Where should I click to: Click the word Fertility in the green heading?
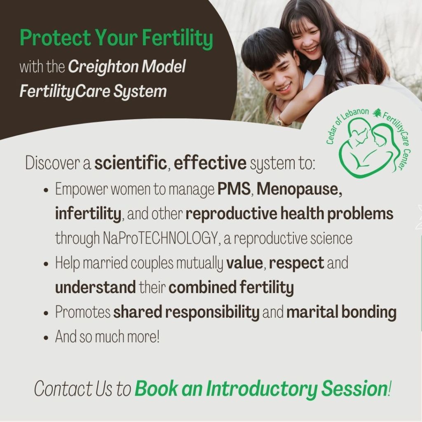[x=177, y=38]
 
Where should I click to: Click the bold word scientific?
[x=131, y=163]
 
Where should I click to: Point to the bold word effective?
[x=210, y=163]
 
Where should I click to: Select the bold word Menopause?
[x=299, y=189]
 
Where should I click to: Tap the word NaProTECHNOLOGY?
[x=160, y=239]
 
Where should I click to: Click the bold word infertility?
[x=88, y=214]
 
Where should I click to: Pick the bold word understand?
[x=96, y=287]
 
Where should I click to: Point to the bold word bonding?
[x=369, y=312]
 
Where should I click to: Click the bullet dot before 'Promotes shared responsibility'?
[x=46, y=313]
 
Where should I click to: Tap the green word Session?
[x=354, y=388]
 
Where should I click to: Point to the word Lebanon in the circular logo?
[x=355, y=115]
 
